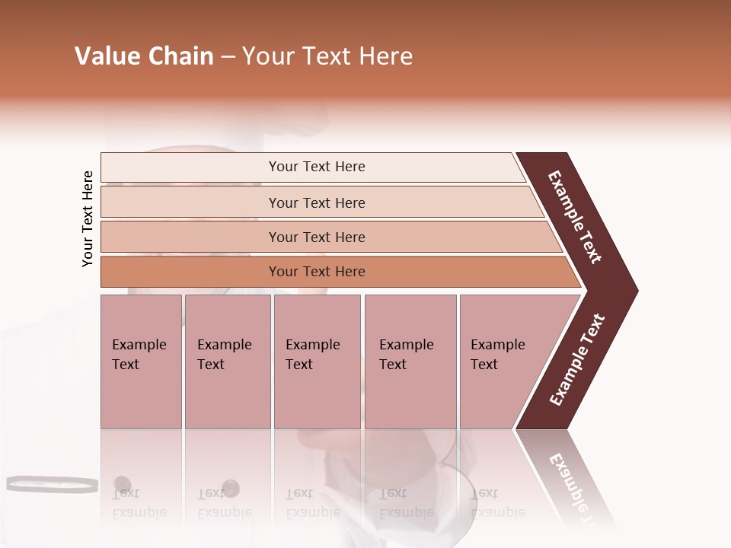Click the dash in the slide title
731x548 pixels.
(228, 57)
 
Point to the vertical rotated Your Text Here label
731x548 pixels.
(88, 218)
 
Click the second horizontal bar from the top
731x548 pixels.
(316, 202)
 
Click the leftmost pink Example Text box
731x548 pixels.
(141, 362)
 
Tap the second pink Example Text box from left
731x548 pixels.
(227, 362)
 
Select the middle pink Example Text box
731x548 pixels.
(317, 362)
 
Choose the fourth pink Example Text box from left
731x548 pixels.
(410, 362)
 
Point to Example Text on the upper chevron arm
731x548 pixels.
(575, 217)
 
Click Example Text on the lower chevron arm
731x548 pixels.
(577, 360)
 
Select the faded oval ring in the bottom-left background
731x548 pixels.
(52, 483)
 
